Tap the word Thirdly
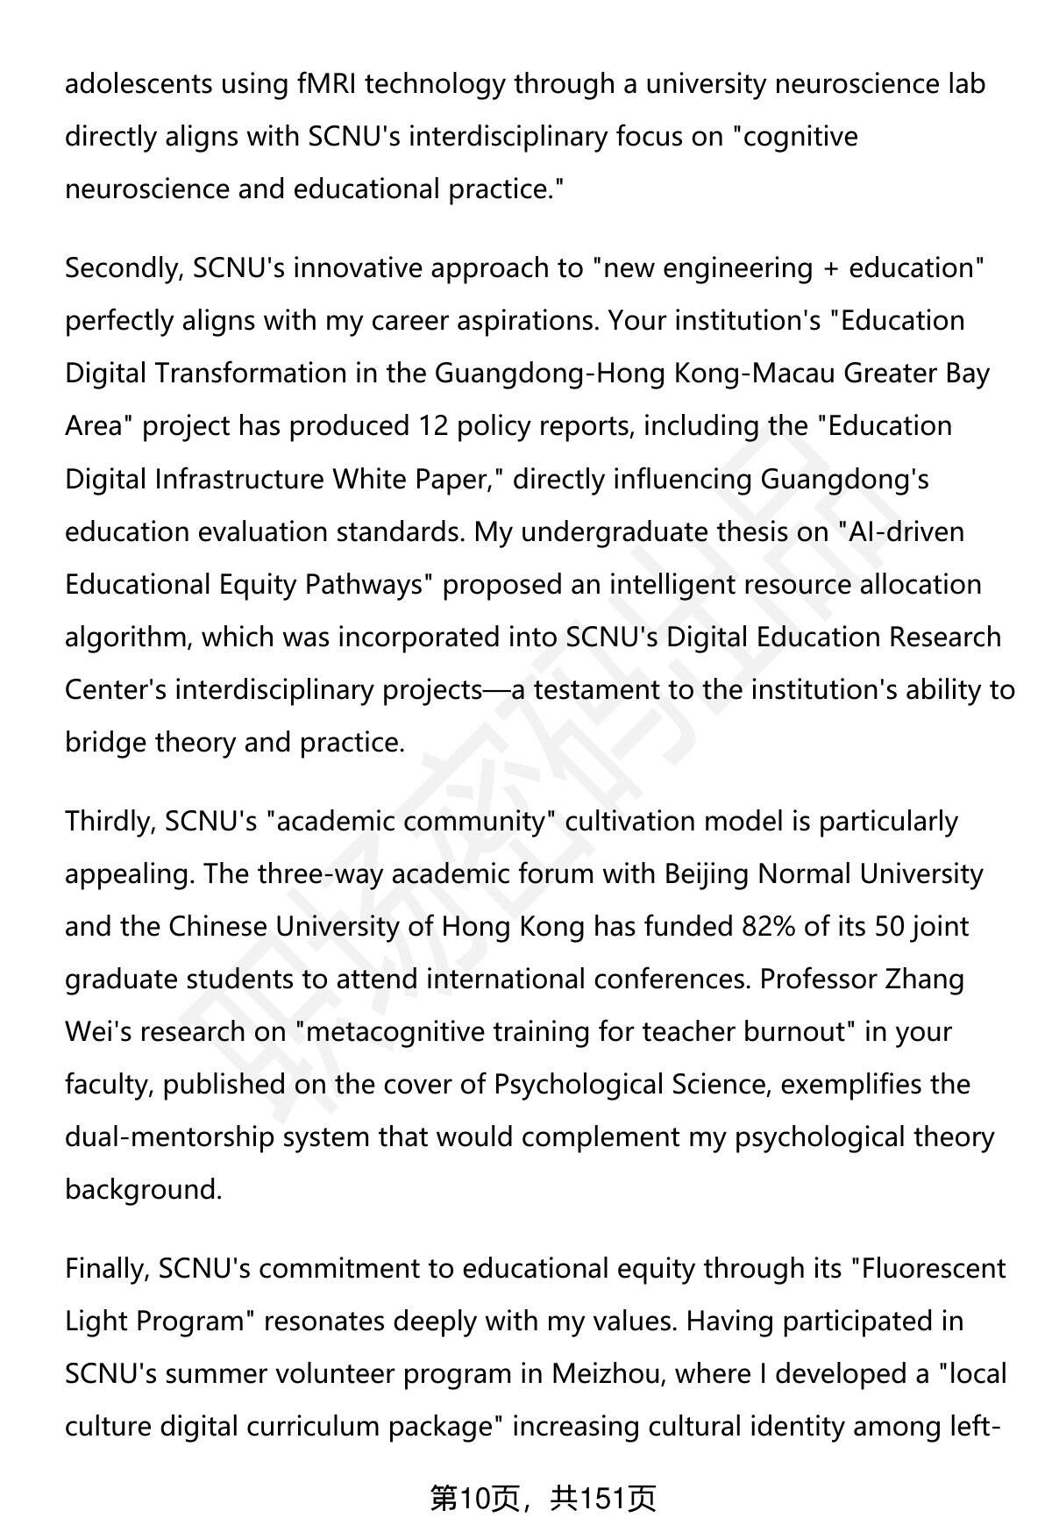(x=110, y=822)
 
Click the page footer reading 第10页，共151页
(x=543, y=1500)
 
